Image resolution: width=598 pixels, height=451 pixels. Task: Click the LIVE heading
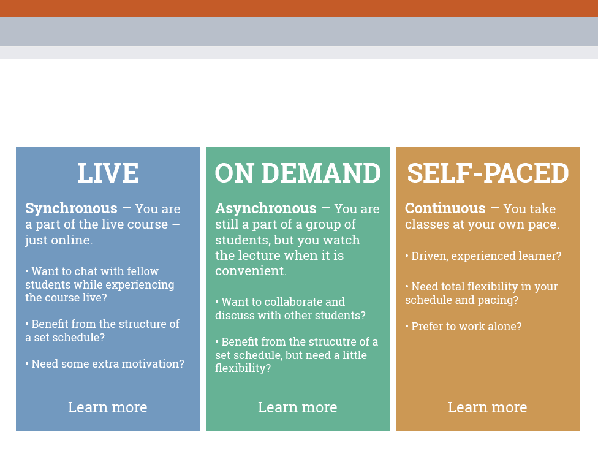pyautogui.click(x=108, y=173)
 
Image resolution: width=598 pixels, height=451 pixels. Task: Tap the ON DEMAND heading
pyautogui.click(x=298, y=173)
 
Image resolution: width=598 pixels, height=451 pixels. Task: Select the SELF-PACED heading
pyautogui.click(x=488, y=173)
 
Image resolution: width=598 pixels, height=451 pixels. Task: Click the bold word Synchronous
pyautogui.click(x=71, y=208)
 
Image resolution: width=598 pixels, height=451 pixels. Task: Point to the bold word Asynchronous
pyautogui.click(x=266, y=208)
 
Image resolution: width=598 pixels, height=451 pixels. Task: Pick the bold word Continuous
pyautogui.click(x=445, y=208)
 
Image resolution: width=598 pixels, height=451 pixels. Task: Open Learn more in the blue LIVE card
pyautogui.click(x=108, y=407)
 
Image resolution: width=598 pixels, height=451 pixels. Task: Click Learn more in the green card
pyautogui.click(x=298, y=407)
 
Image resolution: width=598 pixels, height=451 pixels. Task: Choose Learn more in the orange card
pyautogui.click(x=487, y=407)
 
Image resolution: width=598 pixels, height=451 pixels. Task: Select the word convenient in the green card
pyautogui.click(x=251, y=270)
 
